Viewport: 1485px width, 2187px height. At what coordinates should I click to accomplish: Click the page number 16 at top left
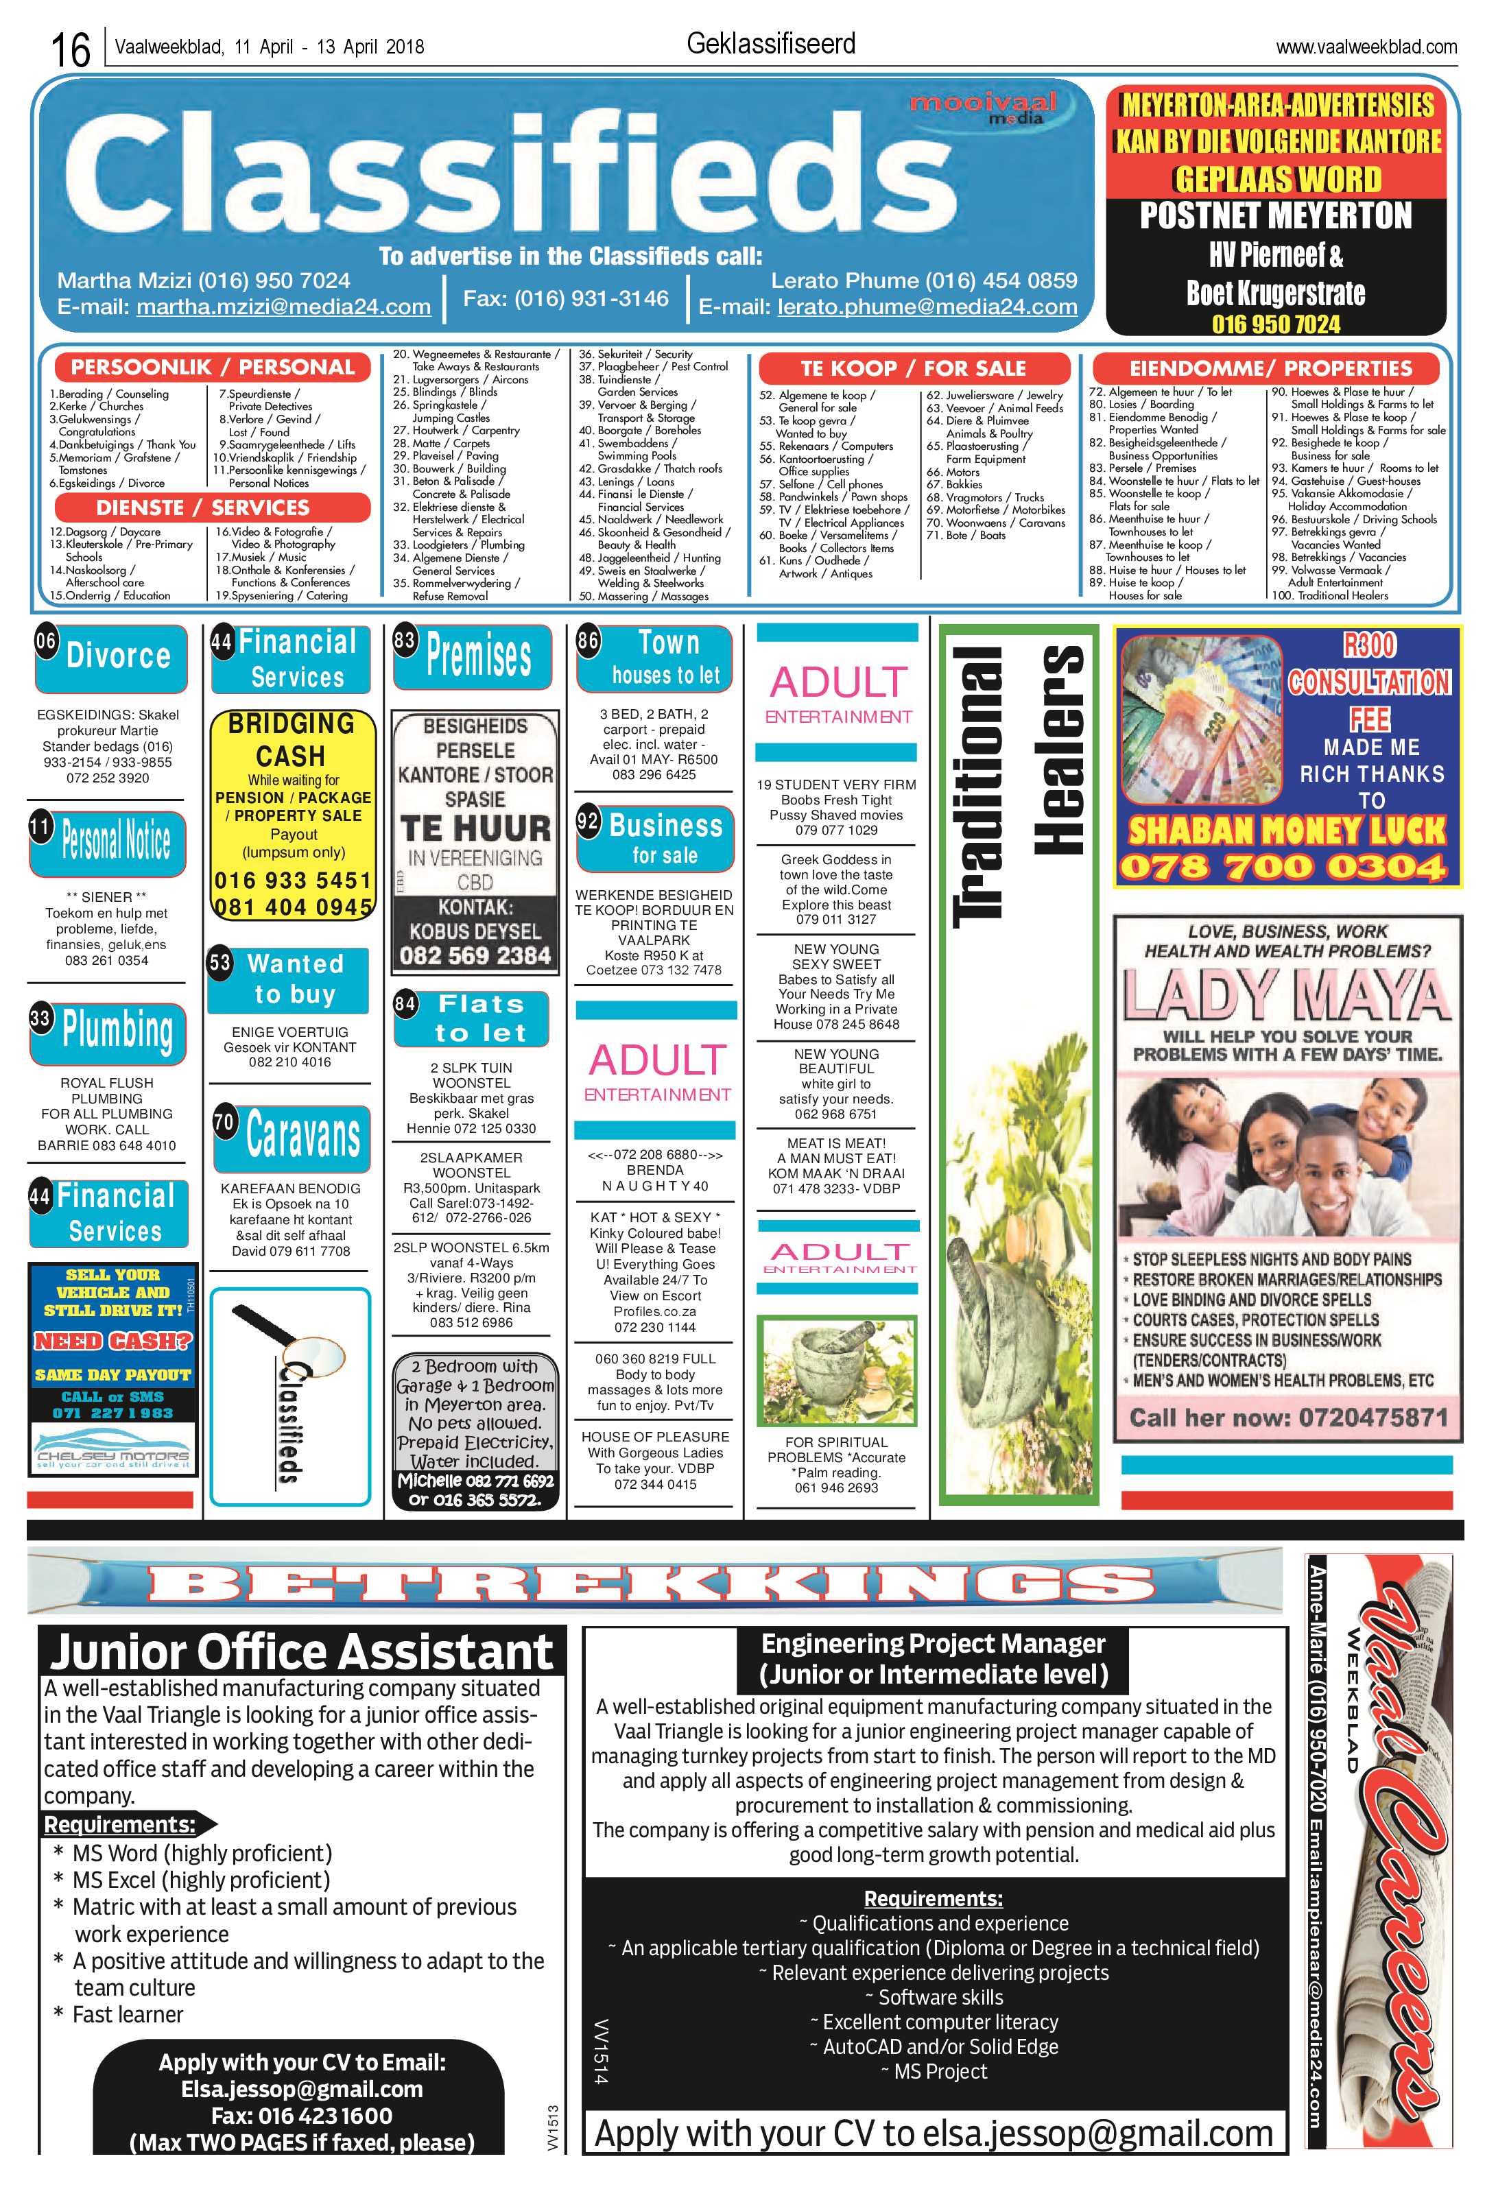coord(70,49)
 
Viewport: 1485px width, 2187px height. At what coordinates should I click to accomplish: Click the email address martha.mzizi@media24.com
coord(283,307)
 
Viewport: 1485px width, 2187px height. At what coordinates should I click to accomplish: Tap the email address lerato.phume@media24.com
coord(927,307)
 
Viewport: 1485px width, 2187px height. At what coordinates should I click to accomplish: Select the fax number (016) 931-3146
coord(566,298)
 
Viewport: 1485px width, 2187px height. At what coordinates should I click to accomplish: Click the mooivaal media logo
coord(982,108)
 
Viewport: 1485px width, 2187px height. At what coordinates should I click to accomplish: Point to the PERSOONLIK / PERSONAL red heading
coord(213,367)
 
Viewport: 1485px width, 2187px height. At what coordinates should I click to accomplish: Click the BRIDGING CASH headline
coord(291,740)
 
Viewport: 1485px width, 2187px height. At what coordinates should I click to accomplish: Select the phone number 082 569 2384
coord(475,955)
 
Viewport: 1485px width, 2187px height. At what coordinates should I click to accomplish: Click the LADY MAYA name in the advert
coord(1287,994)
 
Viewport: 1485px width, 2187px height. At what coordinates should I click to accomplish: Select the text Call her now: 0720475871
coord(1288,1418)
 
